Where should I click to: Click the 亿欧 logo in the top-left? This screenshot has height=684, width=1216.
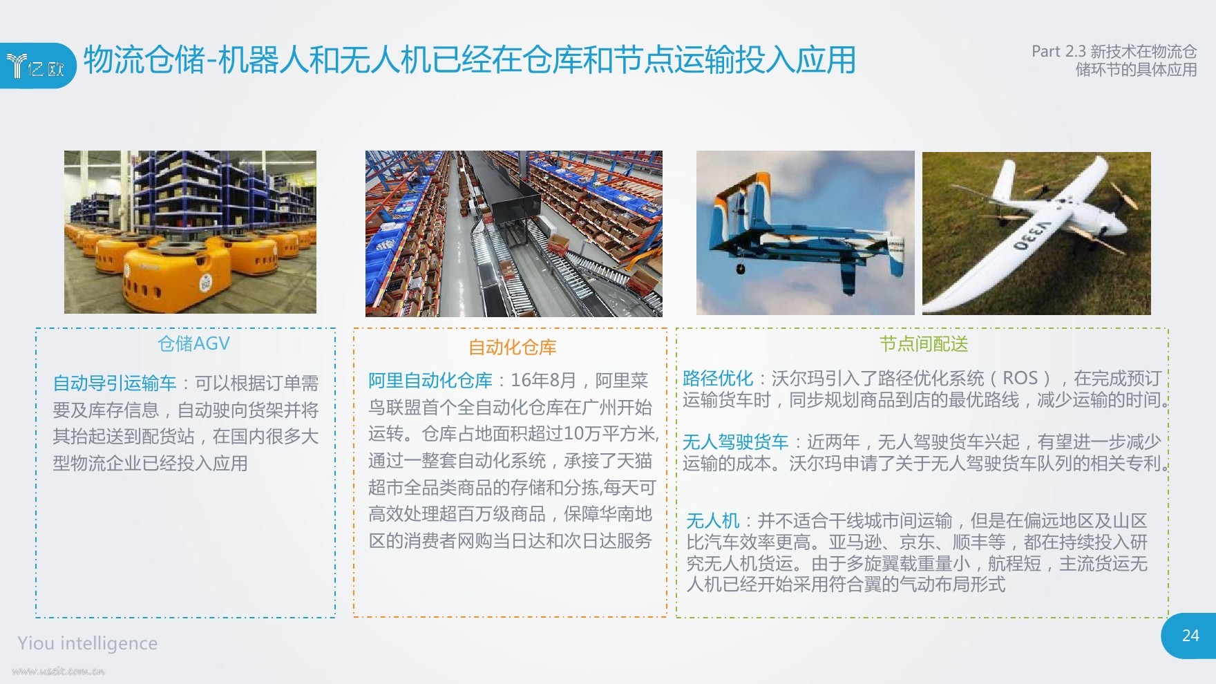(35, 66)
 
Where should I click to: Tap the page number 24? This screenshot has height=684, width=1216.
(1190, 636)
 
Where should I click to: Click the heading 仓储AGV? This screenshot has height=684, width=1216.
(193, 343)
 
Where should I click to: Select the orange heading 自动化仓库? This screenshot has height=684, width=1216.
(512, 347)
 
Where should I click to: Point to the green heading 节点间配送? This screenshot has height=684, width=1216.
(924, 343)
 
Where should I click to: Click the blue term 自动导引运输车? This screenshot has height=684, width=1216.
(115, 383)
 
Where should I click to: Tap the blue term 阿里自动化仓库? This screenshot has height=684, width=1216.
(430, 380)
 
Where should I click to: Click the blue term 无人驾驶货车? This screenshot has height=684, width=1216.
(735, 441)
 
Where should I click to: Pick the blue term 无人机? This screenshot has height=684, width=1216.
(712, 520)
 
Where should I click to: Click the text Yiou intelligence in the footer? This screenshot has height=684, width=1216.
(88, 643)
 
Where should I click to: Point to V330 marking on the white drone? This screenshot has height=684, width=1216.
(1032, 236)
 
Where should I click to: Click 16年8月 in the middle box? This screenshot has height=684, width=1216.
(543, 380)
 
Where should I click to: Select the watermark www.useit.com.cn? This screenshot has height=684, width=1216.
(58, 671)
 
